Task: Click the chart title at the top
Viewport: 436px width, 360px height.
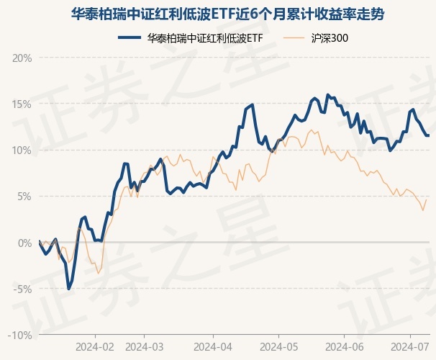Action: click(217, 14)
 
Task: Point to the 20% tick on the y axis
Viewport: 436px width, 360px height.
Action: click(22, 58)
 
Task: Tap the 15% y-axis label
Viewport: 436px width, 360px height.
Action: click(22, 104)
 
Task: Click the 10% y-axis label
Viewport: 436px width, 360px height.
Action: click(22, 150)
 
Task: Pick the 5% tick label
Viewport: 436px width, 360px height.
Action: click(24, 196)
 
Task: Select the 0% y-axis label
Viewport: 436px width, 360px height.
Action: click(24, 243)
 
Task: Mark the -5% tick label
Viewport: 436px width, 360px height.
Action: click(23, 289)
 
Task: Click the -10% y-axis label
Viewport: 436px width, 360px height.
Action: click(21, 335)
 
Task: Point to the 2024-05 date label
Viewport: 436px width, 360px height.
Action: click(278, 346)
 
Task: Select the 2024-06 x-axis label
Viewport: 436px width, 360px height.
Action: click(345, 346)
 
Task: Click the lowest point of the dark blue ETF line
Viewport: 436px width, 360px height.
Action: click(68, 289)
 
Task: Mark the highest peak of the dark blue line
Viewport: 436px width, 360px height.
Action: click(327, 94)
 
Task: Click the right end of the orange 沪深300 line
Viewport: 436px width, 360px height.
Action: click(427, 199)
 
